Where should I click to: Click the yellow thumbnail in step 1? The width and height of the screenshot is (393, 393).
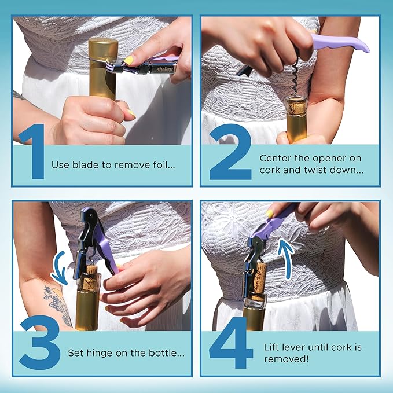[x=128, y=60]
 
